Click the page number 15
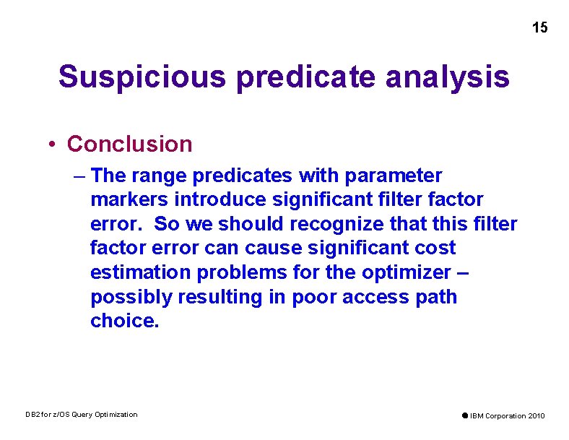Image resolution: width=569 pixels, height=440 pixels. point(539,28)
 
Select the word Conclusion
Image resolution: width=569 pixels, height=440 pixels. point(129,144)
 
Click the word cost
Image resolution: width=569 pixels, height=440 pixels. point(434,248)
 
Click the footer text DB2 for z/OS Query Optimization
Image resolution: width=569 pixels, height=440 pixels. point(81,415)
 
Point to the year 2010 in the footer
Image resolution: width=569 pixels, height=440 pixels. point(536,415)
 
